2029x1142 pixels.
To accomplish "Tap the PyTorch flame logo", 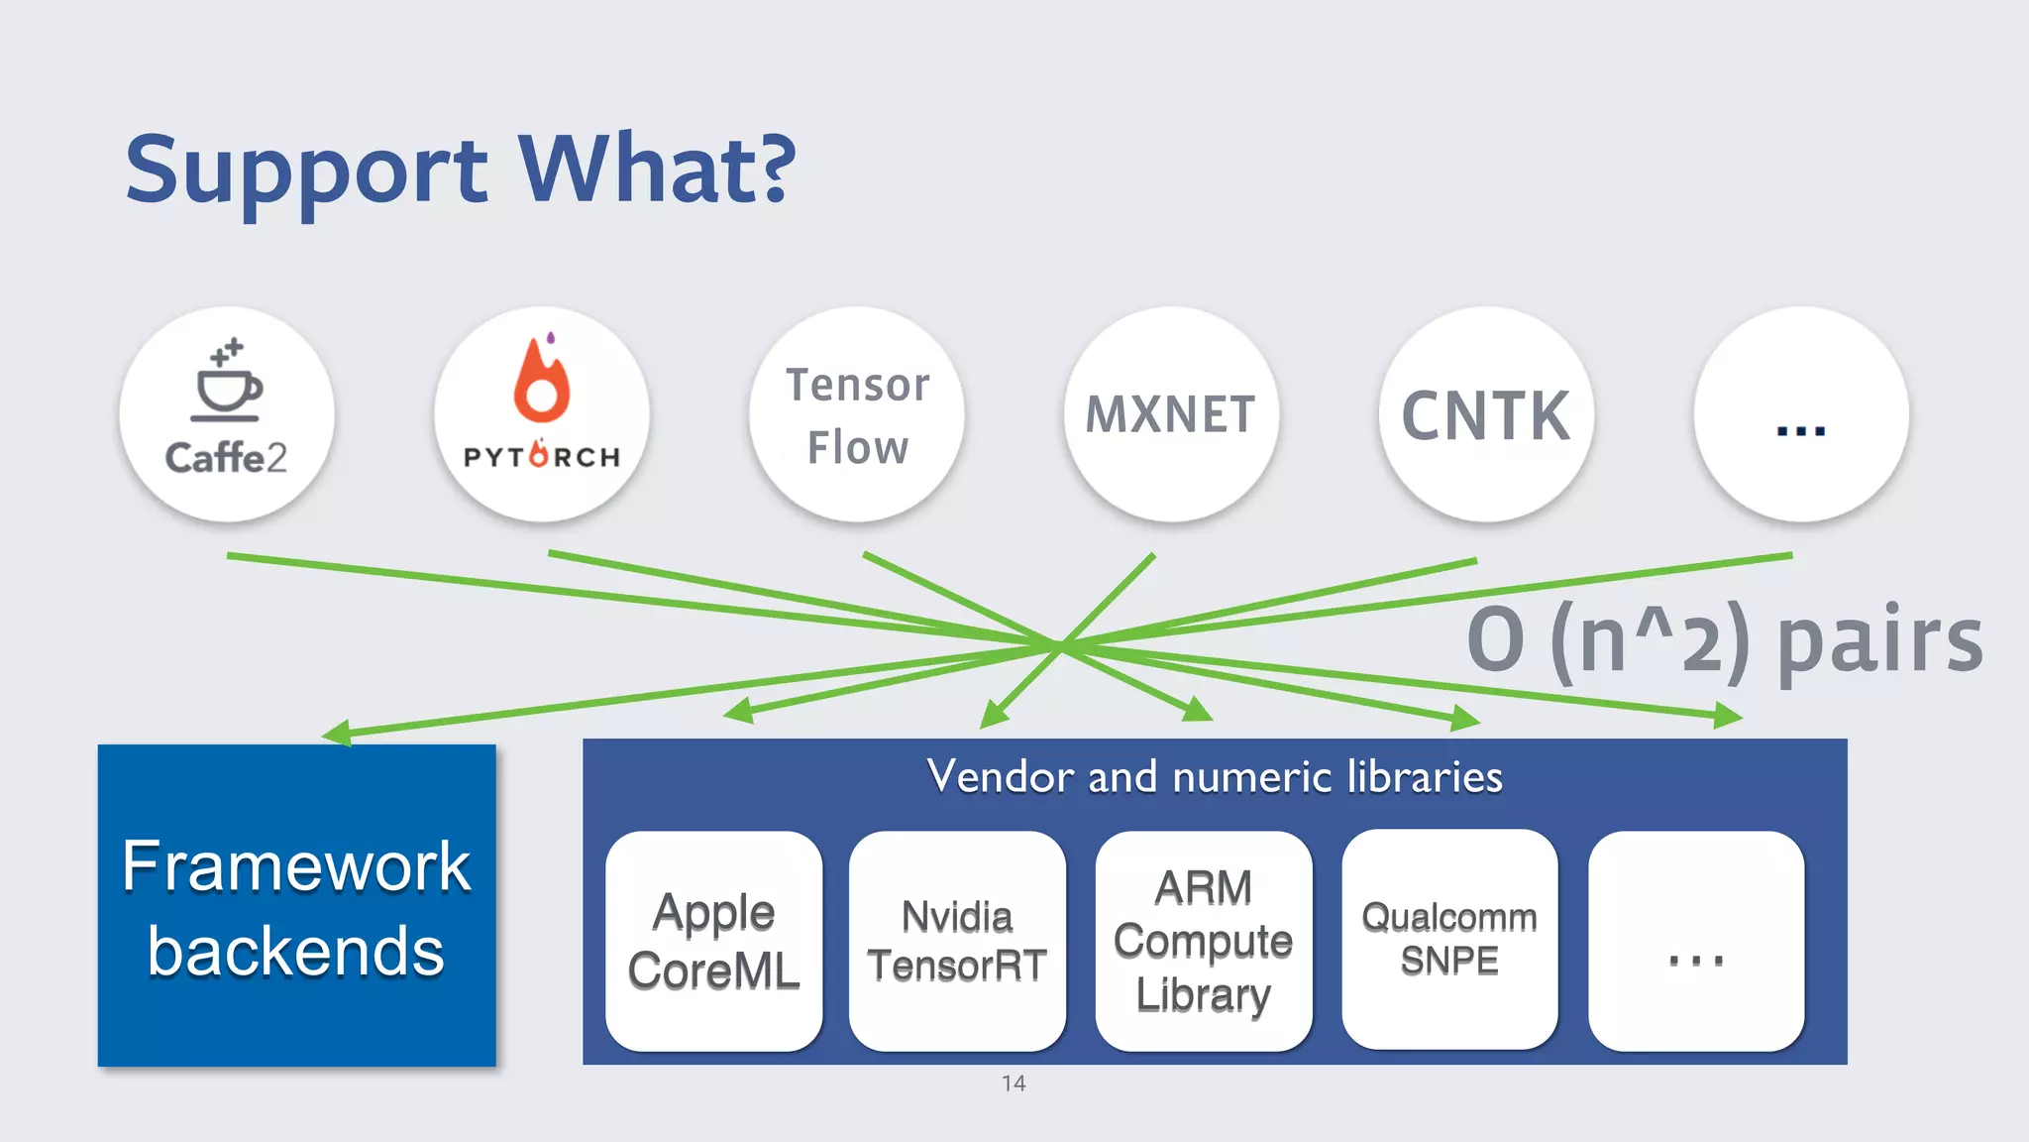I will coord(541,382).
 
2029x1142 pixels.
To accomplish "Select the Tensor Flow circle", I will coord(857,415).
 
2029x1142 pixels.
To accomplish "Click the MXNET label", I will coord(1171,414).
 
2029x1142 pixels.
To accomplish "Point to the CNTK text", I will coord(1486,415).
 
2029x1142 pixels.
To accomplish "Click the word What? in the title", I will coord(657,169).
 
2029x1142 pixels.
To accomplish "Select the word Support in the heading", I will coord(306,171).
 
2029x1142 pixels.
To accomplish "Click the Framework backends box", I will coord(296,905).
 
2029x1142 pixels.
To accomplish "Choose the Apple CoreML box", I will coord(713,941).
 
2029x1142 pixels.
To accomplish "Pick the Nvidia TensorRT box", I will coord(957,941).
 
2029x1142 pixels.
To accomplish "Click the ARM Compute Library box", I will coord(1203,941).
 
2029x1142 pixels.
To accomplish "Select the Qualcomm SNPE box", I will coord(1449,939).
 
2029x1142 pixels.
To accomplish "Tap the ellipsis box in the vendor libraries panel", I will coord(1695,941).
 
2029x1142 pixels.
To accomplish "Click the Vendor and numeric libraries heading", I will coord(1215,776).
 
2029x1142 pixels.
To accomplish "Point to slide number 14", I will coord(1014,1084).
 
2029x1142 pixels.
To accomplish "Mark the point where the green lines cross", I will coord(1058,645).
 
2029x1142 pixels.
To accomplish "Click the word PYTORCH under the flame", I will coord(541,456).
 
